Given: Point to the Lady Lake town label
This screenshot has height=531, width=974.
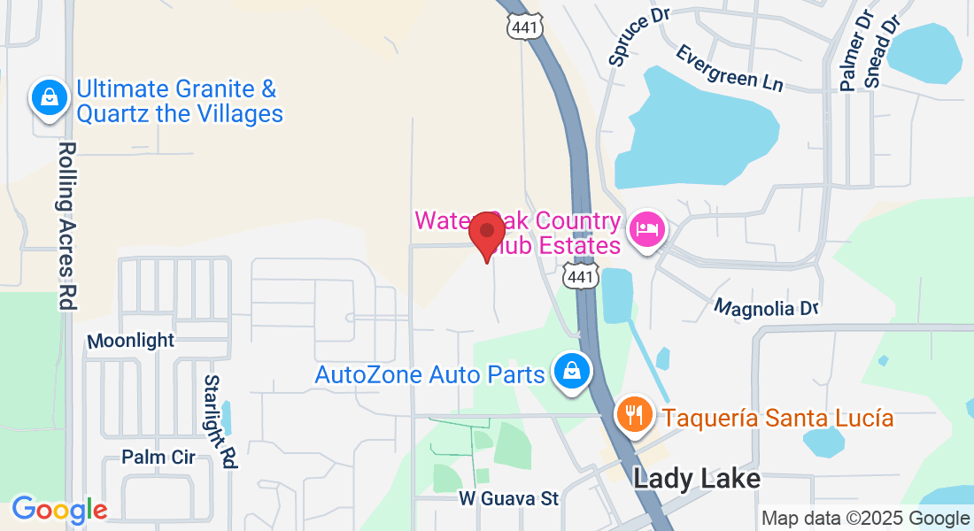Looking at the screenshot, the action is [697, 479].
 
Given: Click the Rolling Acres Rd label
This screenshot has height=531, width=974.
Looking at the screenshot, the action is [66, 225].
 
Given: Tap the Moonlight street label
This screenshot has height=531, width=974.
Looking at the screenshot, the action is [131, 341].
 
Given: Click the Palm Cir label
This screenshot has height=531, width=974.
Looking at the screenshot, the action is [158, 458].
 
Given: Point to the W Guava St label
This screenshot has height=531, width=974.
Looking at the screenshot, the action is [509, 499].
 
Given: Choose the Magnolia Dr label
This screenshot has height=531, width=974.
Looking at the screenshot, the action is [767, 308].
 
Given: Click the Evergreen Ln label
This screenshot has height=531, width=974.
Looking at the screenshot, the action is [730, 67].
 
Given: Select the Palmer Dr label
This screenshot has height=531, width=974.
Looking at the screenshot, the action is [852, 51].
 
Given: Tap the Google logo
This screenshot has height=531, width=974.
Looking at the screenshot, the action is [59, 510].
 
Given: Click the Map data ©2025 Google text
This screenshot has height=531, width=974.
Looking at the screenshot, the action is [866, 519].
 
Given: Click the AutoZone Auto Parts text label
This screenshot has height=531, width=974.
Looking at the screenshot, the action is [429, 374].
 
